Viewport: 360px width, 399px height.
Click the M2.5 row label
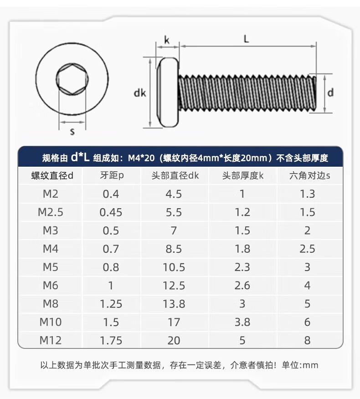point(51,212)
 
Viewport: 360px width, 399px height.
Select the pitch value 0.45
point(111,212)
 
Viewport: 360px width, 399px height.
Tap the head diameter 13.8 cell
point(174,304)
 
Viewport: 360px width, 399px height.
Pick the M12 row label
point(51,341)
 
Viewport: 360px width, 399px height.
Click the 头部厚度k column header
point(242,175)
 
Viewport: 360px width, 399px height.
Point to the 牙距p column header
point(112,175)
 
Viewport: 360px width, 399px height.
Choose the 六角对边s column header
point(309,175)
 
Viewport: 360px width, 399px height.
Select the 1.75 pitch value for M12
point(111,341)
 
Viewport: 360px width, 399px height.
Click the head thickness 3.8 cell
point(242,322)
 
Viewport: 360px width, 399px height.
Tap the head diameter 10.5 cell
point(174,267)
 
